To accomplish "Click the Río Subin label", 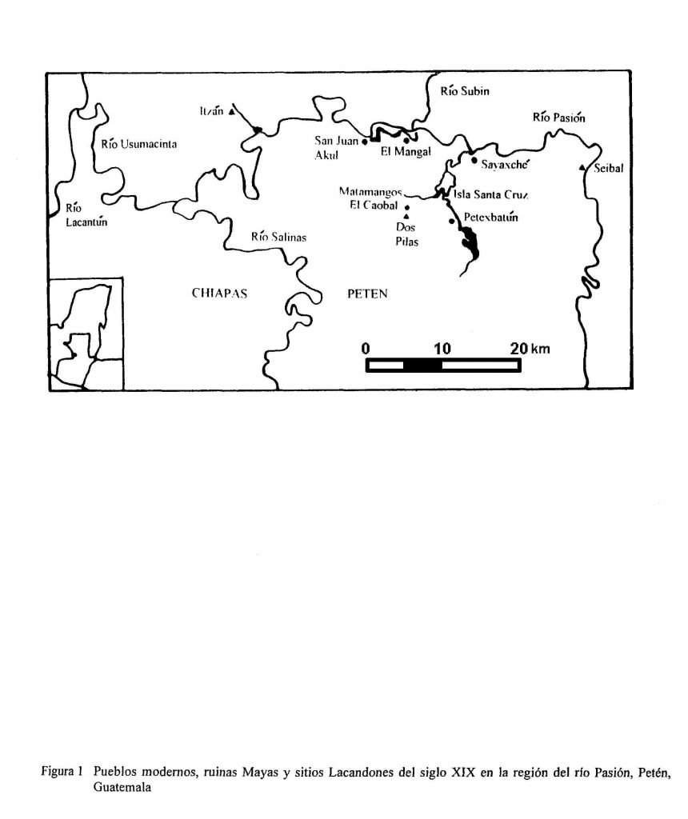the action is click(x=465, y=91).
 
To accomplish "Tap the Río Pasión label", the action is click(x=558, y=117).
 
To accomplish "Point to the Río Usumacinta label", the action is click(x=139, y=144).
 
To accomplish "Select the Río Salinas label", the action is click(x=278, y=237).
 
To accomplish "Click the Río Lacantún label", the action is click(x=86, y=214).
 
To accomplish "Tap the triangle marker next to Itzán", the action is click(x=231, y=111).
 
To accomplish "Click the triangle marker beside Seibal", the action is click(x=582, y=168).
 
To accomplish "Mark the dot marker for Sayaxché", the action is click(x=474, y=160).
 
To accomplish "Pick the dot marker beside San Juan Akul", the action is click(x=365, y=141).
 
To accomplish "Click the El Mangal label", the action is click(x=406, y=151).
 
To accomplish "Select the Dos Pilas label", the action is click(x=406, y=234).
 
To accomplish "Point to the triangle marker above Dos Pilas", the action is click(x=406, y=216).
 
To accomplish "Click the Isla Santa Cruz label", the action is click(x=490, y=195).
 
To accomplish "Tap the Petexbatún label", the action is click(x=490, y=218).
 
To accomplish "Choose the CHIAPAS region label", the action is click(x=219, y=293).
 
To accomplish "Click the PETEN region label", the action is click(x=368, y=294).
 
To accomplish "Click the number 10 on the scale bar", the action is click(x=442, y=349).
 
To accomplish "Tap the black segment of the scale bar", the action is click(x=422, y=366).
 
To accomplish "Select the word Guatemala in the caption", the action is click(x=122, y=787).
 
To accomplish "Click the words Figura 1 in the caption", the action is click(x=62, y=771).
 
